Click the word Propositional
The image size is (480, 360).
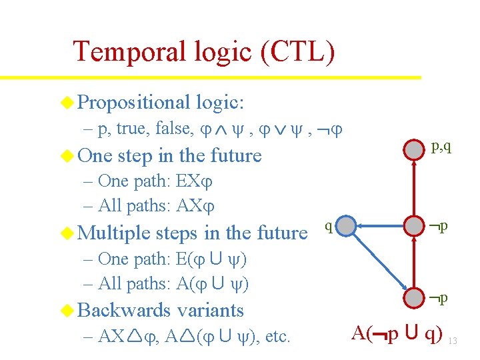(x=134, y=102)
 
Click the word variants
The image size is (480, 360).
(x=211, y=310)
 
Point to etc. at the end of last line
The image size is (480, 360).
(x=277, y=337)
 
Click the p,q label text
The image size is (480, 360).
(x=441, y=146)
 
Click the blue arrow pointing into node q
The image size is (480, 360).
(x=383, y=226)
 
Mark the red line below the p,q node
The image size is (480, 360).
(x=417, y=187)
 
